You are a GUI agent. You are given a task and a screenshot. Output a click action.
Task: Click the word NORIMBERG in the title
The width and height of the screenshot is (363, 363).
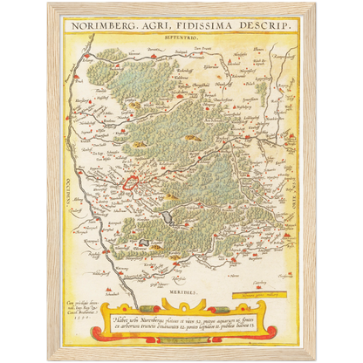[x=97, y=27]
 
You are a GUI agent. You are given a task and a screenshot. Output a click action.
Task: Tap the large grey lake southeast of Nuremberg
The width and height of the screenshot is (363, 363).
[x=168, y=212]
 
